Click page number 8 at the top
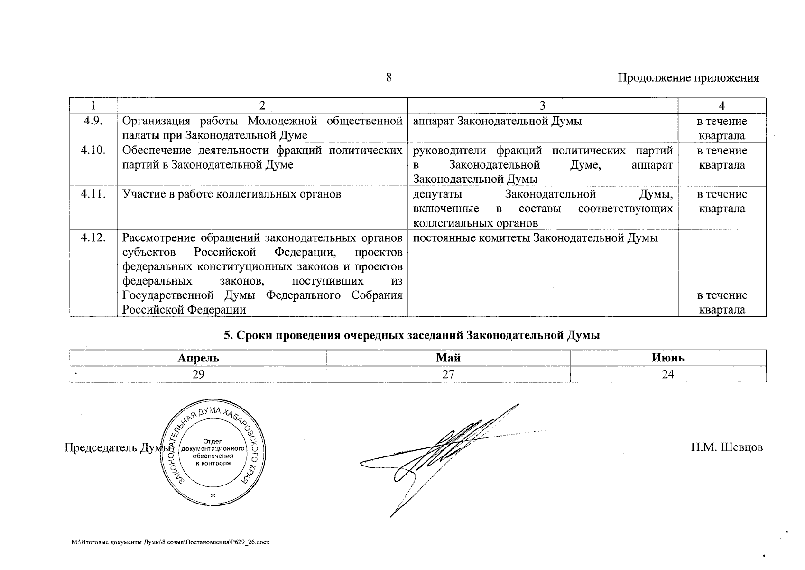click(389, 77)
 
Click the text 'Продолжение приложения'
click(688, 78)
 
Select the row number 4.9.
click(93, 121)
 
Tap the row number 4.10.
click(93, 151)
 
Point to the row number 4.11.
click(93, 194)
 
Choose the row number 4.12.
click(93, 238)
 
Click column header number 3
click(542, 105)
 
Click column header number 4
click(722, 105)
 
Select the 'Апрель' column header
click(198, 358)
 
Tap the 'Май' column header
click(448, 358)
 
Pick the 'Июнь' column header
click(668, 358)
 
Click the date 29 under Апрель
click(198, 374)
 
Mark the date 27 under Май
click(448, 374)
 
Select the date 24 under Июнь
click(668, 374)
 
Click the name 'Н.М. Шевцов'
click(727, 447)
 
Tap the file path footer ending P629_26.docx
click(170, 542)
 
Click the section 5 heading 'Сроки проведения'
click(412, 335)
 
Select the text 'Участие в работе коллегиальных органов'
click(232, 194)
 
